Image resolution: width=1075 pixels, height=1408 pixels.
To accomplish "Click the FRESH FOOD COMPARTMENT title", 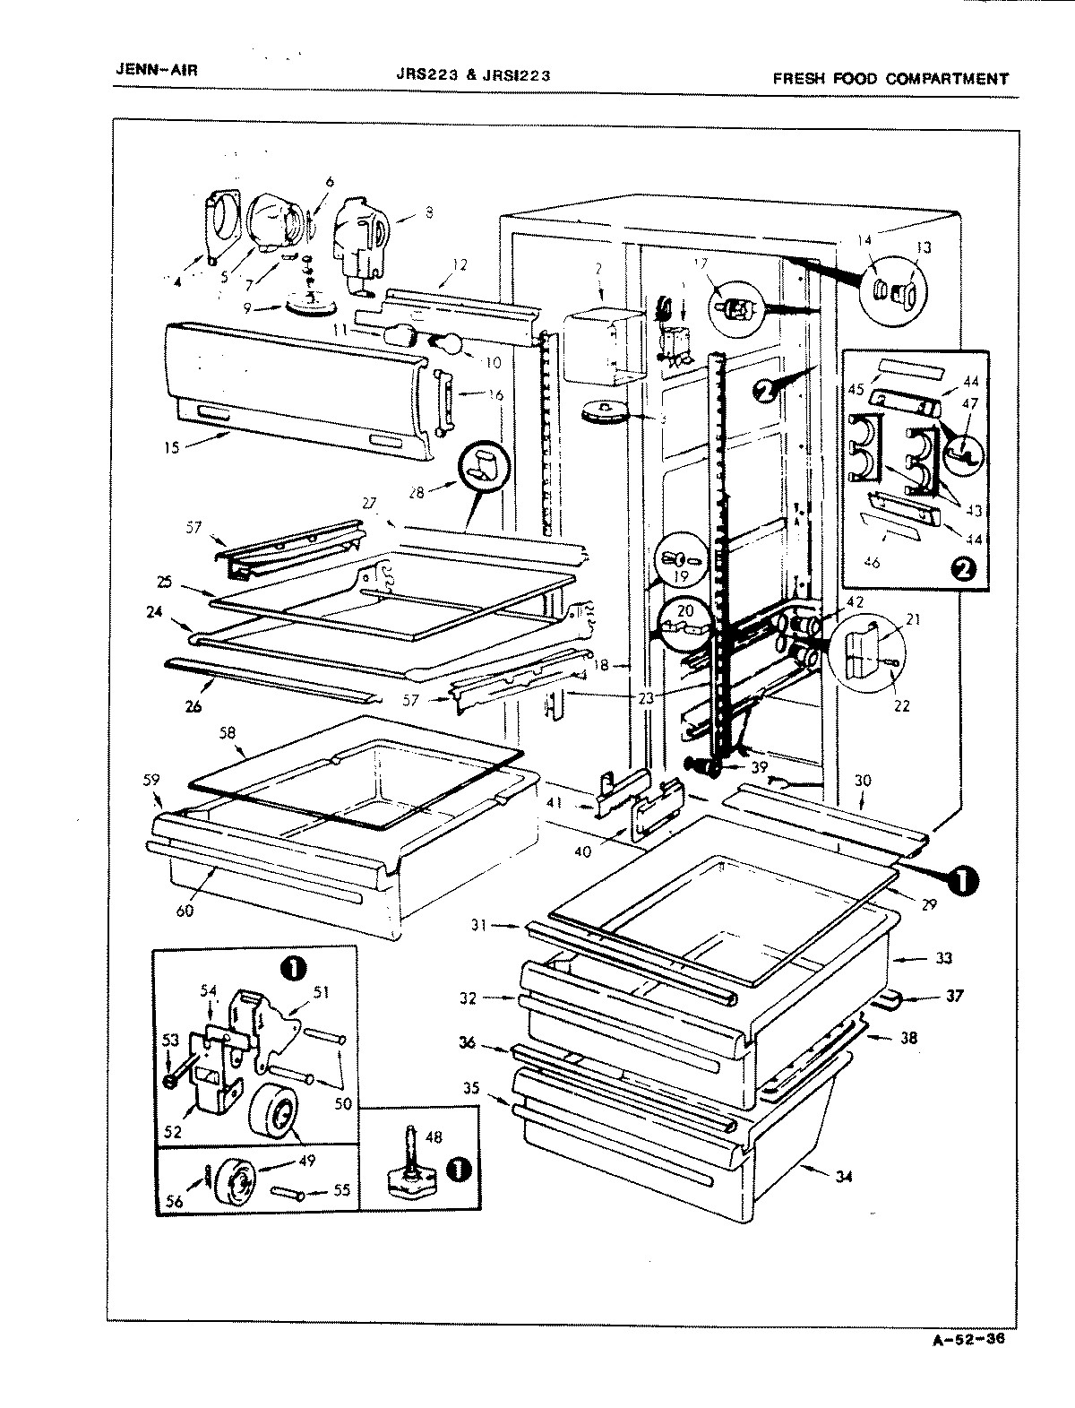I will tap(890, 79).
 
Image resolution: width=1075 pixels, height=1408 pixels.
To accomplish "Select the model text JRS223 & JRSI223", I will tap(472, 76).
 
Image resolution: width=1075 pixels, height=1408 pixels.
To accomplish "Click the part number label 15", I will tap(172, 446).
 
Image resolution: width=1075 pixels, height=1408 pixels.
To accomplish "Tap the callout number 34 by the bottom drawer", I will tap(843, 1177).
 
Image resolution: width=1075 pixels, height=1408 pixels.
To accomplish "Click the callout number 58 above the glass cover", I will tap(228, 733).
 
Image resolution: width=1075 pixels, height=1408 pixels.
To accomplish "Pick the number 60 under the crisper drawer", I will tap(185, 911).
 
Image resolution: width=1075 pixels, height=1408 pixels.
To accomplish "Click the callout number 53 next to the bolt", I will tap(169, 1040).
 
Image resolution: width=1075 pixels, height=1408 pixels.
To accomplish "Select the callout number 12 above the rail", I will tap(459, 264).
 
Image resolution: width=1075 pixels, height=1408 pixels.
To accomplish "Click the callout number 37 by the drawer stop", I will tap(955, 995).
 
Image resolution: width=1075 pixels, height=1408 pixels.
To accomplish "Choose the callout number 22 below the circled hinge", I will tap(901, 705).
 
